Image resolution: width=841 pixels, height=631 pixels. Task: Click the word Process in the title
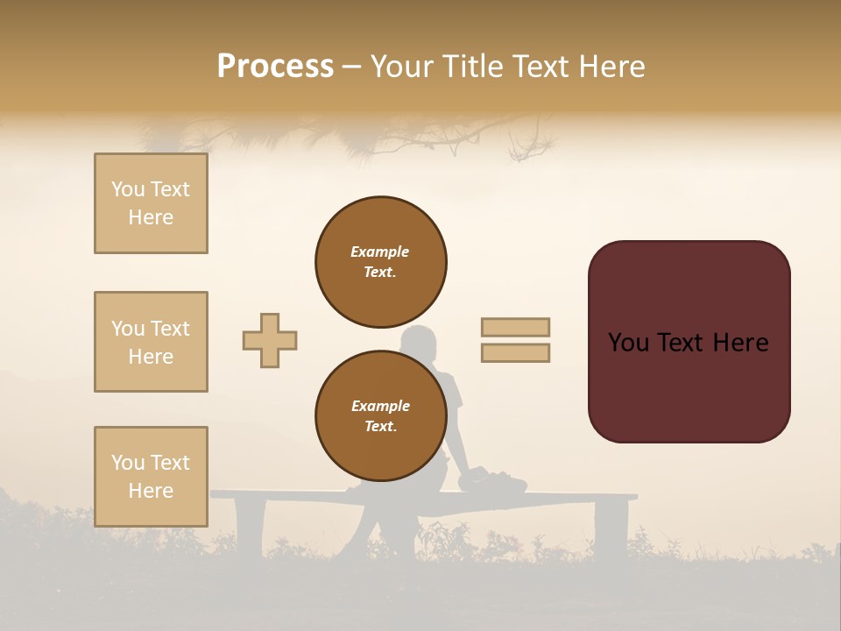tap(275, 67)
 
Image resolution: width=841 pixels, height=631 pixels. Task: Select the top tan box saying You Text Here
tap(151, 203)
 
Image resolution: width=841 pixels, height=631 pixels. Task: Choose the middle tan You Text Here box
tap(151, 342)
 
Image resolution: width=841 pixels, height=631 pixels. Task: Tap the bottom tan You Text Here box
tap(151, 477)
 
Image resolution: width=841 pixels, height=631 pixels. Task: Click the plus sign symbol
tap(270, 340)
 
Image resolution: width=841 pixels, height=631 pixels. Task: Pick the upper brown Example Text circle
tap(381, 262)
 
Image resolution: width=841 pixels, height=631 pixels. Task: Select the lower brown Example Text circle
tap(381, 416)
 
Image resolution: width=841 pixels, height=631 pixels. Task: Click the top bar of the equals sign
tap(515, 327)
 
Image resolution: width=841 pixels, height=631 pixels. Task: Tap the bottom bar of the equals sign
tap(515, 352)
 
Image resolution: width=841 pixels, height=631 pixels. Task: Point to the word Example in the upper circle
tap(379, 252)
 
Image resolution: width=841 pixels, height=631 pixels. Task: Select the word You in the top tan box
tap(128, 189)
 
